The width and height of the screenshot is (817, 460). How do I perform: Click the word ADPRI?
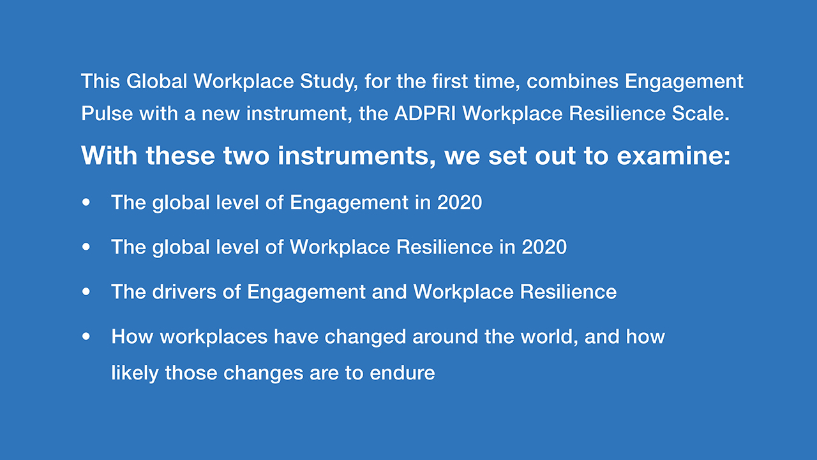pyautogui.click(x=425, y=114)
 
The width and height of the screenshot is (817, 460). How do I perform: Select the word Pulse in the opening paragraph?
pyautogui.click(x=107, y=114)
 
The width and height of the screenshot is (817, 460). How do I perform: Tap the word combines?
pyautogui.click(x=573, y=81)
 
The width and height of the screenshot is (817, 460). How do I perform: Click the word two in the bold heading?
pyautogui.click(x=246, y=157)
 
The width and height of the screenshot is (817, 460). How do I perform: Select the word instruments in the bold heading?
pyautogui.click(x=356, y=157)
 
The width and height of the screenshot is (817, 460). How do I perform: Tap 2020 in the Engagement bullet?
pyautogui.click(x=460, y=203)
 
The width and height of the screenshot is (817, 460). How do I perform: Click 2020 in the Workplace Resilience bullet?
pyautogui.click(x=544, y=247)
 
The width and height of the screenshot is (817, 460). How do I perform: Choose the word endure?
pyautogui.click(x=402, y=372)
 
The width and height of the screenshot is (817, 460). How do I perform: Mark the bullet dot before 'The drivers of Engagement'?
pyautogui.click(x=86, y=292)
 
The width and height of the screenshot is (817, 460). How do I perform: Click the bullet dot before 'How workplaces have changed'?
pyautogui.click(x=86, y=336)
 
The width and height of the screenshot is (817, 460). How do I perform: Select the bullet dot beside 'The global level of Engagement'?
pyautogui.click(x=86, y=203)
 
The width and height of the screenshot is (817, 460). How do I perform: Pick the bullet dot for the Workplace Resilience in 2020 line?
pyautogui.click(x=86, y=247)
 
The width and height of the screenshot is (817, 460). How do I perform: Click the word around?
pyautogui.click(x=446, y=337)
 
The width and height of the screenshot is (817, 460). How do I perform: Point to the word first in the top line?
pyautogui.click(x=450, y=81)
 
